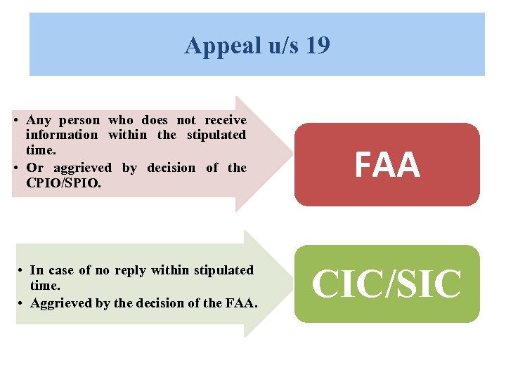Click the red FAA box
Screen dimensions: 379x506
point(387,165)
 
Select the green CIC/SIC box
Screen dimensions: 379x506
point(387,284)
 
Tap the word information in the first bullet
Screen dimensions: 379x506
point(61,134)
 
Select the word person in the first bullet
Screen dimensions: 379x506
point(79,120)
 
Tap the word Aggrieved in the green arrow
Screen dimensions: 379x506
point(59,302)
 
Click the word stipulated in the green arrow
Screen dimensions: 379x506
point(223,270)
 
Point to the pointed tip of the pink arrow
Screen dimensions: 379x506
point(290,154)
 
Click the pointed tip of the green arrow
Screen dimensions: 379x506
point(290,284)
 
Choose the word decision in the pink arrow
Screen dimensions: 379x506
point(171,168)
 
